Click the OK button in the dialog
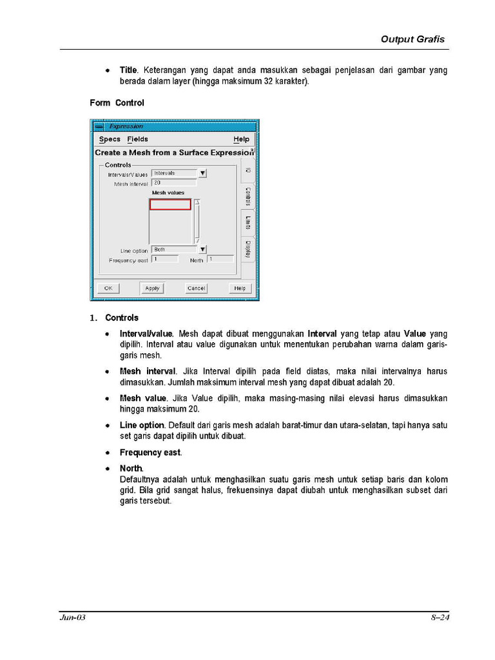(108, 288)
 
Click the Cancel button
(196, 288)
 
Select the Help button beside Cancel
(239, 288)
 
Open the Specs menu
(110, 139)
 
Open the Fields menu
(137, 139)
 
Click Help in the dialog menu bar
(241, 139)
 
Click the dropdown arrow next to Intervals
(202, 173)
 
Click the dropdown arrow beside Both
(202, 249)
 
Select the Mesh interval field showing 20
(173, 183)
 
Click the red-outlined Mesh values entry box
(170, 204)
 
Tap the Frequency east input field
(165, 259)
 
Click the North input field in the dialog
(220, 259)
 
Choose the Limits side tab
(248, 224)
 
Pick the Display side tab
(248, 249)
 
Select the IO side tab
(248, 170)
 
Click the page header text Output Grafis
(412, 39)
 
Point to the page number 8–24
(440, 618)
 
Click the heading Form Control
(117, 103)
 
